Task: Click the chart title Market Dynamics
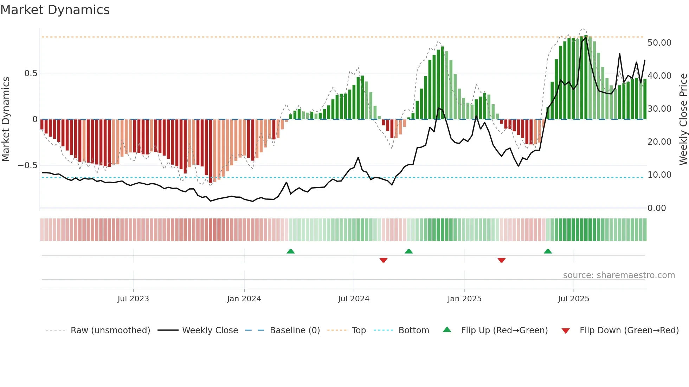(x=55, y=10)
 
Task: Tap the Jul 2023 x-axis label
(x=133, y=299)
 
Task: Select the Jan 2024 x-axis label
(x=244, y=299)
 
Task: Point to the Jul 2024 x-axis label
(x=354, y=299)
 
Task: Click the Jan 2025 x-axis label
(x=464, y=299)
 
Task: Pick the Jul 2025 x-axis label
(x=573, y=299)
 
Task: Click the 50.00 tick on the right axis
(x=659, y=43)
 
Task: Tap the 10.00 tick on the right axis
(x=659, y=175)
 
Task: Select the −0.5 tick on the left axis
(x=27, y=165)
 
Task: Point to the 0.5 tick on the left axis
(x=31, y=73)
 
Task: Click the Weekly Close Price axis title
(x=683, y=119)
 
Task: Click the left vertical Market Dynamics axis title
(x=6, y=119)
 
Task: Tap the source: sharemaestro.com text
(x=619, y=275)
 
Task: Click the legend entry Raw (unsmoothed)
(x=110, y=330)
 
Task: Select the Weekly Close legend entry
(x=210, y=330)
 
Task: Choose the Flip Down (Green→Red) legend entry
(x=629, y=330)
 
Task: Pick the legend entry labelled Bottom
(x=413, y=330)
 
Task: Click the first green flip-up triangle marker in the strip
(x=290, y=251)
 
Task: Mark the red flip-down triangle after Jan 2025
(x=501, y=260)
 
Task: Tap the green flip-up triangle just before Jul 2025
(x=548, y=251)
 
